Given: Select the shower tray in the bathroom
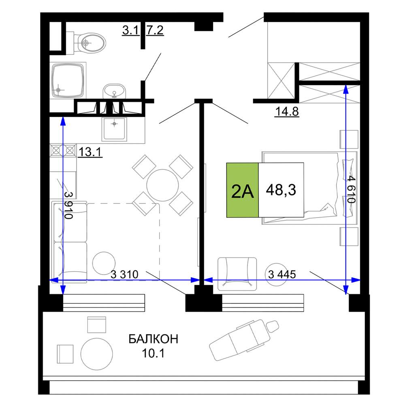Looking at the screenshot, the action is point(68,80).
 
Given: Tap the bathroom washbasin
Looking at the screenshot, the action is point(115,91).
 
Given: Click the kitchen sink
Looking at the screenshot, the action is point(115,129).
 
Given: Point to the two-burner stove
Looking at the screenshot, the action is point(63,150).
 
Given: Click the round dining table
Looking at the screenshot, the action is point(162,185).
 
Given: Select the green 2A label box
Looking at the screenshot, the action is point(243,190).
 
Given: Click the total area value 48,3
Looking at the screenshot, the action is point(281,190).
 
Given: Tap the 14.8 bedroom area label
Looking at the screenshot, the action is point(287,112).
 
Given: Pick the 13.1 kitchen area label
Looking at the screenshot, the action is point(90,152).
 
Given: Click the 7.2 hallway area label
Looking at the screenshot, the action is point(155,30).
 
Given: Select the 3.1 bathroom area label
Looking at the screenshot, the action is point(131,30).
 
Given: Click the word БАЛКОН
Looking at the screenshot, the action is point(153,339).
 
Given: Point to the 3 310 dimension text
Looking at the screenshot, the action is point(124,274).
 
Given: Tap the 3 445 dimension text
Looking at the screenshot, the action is point(282,274).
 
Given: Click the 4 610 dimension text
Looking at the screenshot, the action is point(351,190).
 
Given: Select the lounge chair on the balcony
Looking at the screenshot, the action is point(244,340).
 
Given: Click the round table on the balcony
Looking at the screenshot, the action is point(97,354).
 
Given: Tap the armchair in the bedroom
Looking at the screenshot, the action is point(237,274).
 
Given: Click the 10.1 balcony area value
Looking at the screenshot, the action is point(153,353).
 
